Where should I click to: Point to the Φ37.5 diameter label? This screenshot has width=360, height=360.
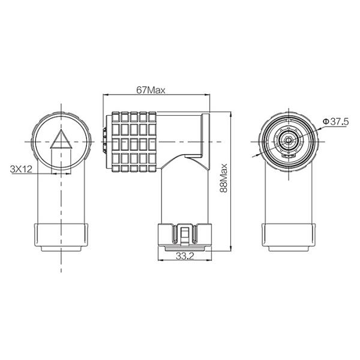tap(335, 122)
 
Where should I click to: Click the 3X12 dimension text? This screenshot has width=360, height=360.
tap(22, 169)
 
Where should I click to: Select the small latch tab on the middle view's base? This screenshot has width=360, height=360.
tap(185, 234)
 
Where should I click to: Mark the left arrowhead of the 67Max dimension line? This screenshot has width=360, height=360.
tap(106, 95)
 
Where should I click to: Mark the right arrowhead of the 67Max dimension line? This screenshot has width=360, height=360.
tap(208, 95)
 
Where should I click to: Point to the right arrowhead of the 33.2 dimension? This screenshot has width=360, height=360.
tap(210, 260)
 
